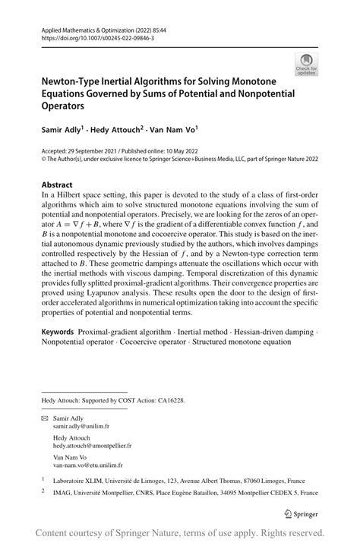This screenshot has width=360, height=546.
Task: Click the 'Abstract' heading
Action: coord(57,185)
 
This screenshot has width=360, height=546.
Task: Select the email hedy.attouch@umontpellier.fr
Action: coord(92,446)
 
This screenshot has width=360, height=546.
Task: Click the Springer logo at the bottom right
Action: coord(301,514)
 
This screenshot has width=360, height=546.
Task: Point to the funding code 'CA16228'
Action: coord(167,399)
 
